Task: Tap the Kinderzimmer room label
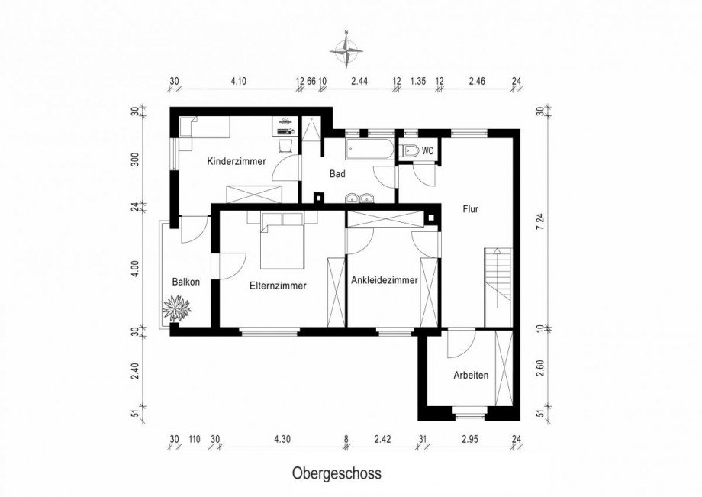pyautogui.click(x=237, y=161)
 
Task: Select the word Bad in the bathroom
pyautogui.click(x=337, y=174)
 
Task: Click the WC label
pyautogui.click(x=428, y=151)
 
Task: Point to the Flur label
pyautogui.click(x=471, y=209)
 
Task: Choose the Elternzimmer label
pyautogui.click(x=278, y=286)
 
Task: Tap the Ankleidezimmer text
pyautogui.click(x=385, y=280)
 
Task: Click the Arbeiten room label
pyautogui.click(x=471, y=375)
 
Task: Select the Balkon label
pyautogui.click(x=185, y=282)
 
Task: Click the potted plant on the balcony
pyautogui.click(x=176, y=308)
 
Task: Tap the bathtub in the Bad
pyautogui.click(x=369, y=149)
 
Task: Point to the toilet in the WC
pyautogui.click(x=410, y=151)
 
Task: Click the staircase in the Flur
pyautogui.click(x=498, y=287)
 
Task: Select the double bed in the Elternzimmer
pyautogui.click(x=282, y=241)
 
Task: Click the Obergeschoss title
pyautogui.click(x=337, y=473)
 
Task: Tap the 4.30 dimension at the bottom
pyautogui.click(x=282, y=439)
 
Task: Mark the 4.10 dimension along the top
pyautogui.click(x=239, y=81)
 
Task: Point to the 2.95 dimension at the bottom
pyautogui.click(x=470, y=439)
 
